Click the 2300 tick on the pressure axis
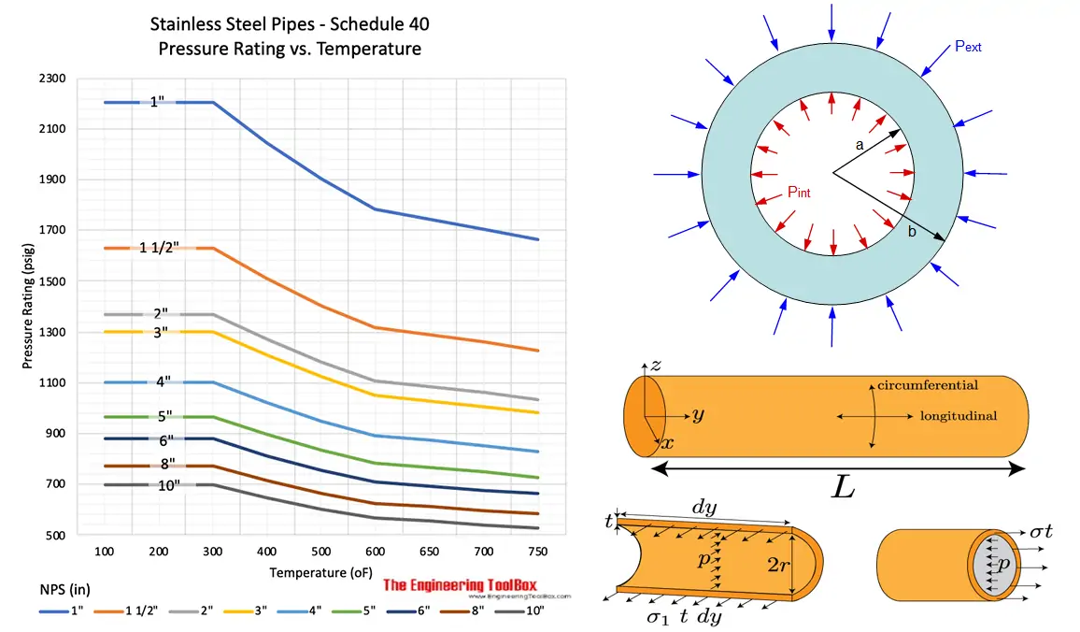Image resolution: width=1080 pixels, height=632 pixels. tap(52, 79)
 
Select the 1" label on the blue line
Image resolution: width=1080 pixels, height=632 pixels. tap(157, 102)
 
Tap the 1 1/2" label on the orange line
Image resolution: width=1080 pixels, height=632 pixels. tap(159, 248)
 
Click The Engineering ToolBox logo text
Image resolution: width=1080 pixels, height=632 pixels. tap(473, 586)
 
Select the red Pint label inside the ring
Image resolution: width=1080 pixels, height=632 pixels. tap(798, 193)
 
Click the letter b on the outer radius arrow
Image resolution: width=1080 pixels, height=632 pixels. tap(912, 232)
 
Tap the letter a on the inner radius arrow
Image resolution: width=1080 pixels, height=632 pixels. tap(860, 145)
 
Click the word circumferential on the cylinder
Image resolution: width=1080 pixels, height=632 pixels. tap(928, 385)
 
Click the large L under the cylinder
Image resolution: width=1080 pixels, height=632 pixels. tap(844, 489)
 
